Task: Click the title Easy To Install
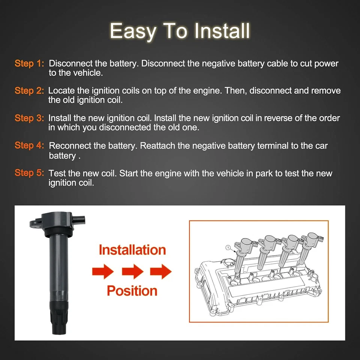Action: pyautogui.click(x=180, y=31)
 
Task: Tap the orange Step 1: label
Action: pyautogui.click(x=29, y=64)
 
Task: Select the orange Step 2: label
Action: pyautogui.click(x=29, y=91)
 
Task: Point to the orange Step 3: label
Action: pyautogui.click(x=29, y=118)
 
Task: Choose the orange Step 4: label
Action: pyautogui.click(x=29, y=145)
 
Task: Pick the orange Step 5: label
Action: pyautogui.click(x=29, y=173)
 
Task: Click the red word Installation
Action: pyautogui.click(x=132, y=250)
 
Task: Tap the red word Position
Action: pyautogui.click(x=132, y=291)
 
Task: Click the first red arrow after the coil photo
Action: pyautogui.click(x=103, y=271)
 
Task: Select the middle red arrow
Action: pyautogui.click(x=132, y=271)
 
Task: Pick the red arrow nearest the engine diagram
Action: pyautogui.click(x=161, y=271)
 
